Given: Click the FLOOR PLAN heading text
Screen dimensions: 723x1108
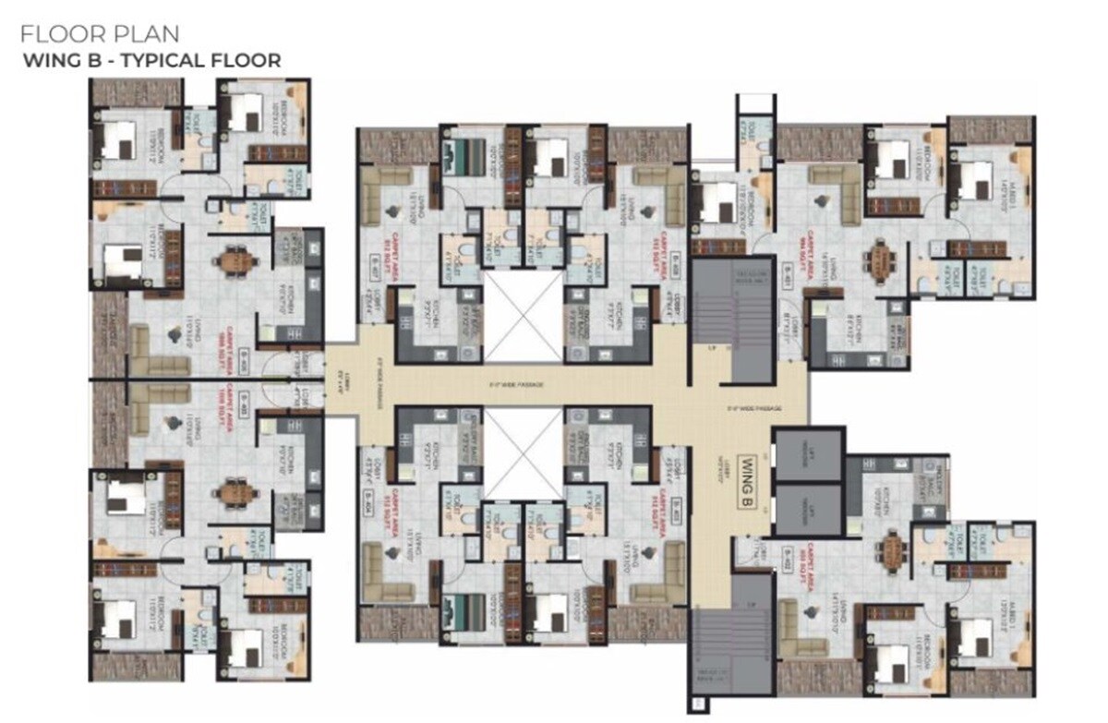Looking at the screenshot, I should [x=99, y=36].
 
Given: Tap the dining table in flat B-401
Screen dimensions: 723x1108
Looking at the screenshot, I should [x=884, y=261].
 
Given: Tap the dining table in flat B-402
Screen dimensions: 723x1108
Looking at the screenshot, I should [x=892, y=552].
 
